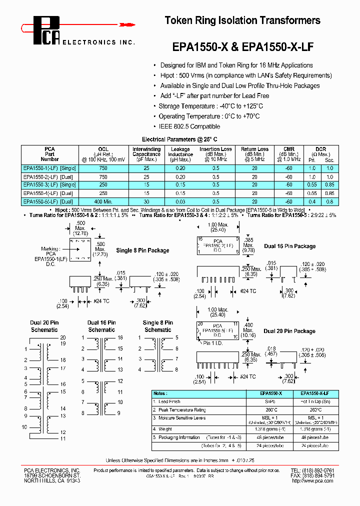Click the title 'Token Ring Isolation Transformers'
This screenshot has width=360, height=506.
[x=242, y=20]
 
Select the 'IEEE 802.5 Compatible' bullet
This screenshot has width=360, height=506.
[x=189, y=126]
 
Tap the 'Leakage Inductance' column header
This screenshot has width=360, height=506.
[x=180, y=154]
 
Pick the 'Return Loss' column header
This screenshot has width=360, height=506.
[x=254, y=154]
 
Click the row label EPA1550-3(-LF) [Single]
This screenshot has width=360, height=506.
[x=49, y=184]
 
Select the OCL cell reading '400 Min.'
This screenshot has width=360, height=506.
[x=103, y=201]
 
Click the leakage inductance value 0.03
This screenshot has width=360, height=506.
[x=180, y=201]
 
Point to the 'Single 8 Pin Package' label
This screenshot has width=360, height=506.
[x=142, y=250]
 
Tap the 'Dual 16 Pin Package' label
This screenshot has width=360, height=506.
[x=289, y=246]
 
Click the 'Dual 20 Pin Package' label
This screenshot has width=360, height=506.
[x=289, y=331]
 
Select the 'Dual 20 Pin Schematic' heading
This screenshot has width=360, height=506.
[x=44, y=326]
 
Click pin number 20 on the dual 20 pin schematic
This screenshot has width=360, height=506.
[x=62, y=338]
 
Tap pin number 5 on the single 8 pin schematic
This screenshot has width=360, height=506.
[x=176, y=338]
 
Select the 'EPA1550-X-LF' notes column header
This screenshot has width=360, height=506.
[x=310, y=393]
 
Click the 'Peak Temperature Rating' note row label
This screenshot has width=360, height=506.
[x=182, y=409]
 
